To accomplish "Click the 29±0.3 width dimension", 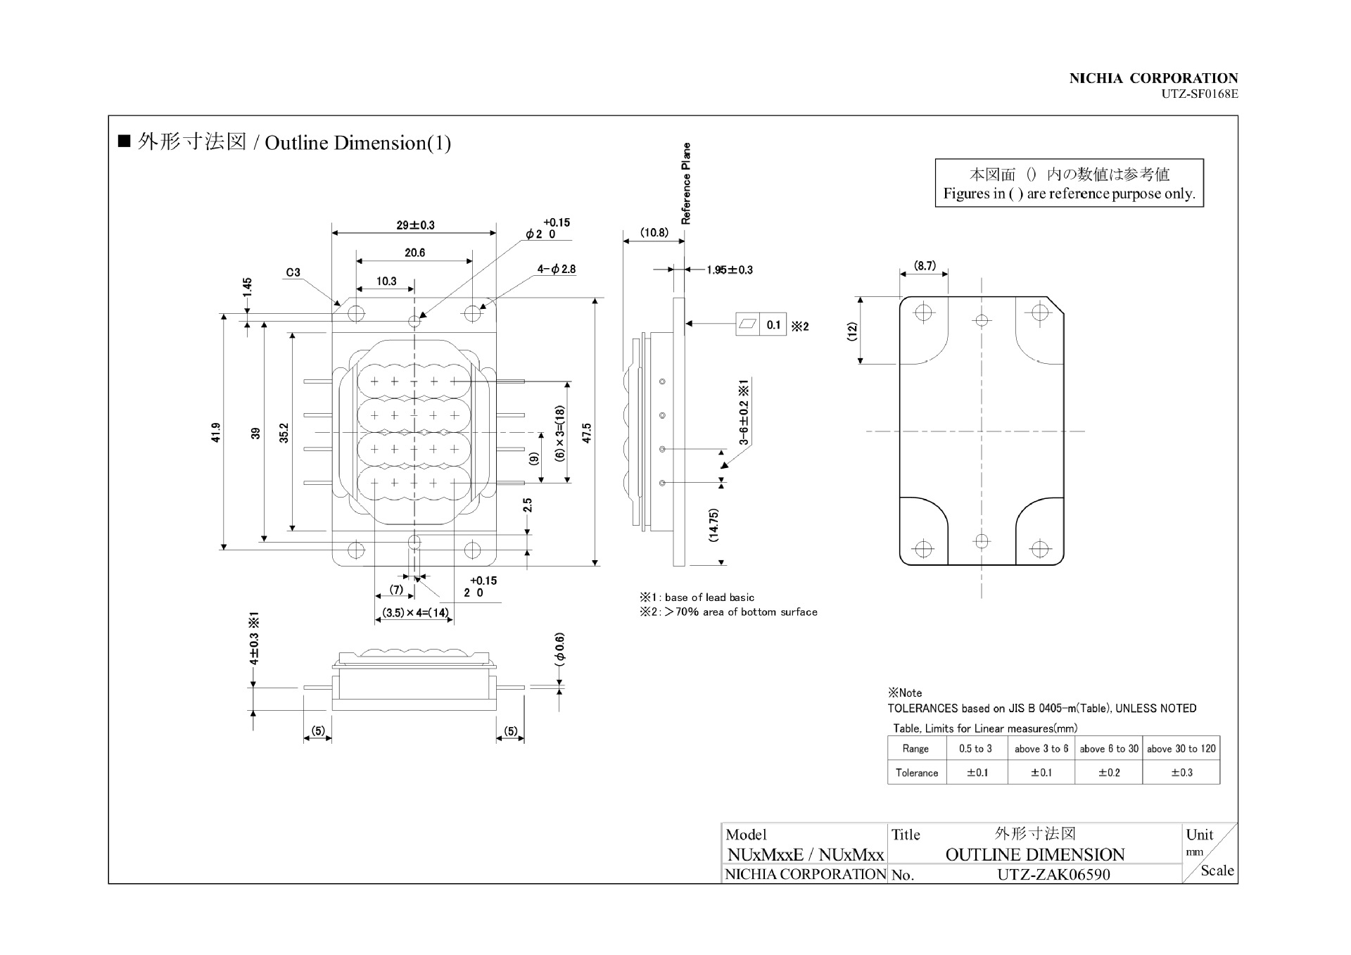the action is [415, 225].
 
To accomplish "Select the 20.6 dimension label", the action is [414, 253].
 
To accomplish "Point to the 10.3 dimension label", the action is [386, 281].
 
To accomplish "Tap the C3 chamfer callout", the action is [293, 272].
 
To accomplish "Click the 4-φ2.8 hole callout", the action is [557, 269].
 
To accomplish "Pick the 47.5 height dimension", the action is [587, 432].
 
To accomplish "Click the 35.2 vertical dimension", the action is [284, 432].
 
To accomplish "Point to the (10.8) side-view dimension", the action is [654, 232].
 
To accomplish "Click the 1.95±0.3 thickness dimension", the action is [730, 270].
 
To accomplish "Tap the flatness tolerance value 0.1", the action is [773, 324].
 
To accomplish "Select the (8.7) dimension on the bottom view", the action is [925, 265].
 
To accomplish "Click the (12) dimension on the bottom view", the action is [852, 331].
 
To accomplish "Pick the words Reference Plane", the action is [686, 184].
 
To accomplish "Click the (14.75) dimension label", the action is [713, 525].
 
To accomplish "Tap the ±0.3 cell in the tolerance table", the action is [1181, 773].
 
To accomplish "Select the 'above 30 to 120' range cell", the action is [1181, 749].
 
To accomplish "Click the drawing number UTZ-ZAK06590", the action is [1053, 875].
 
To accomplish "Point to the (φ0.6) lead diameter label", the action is [560, 649].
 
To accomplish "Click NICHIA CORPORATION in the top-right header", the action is [1153, 78].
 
